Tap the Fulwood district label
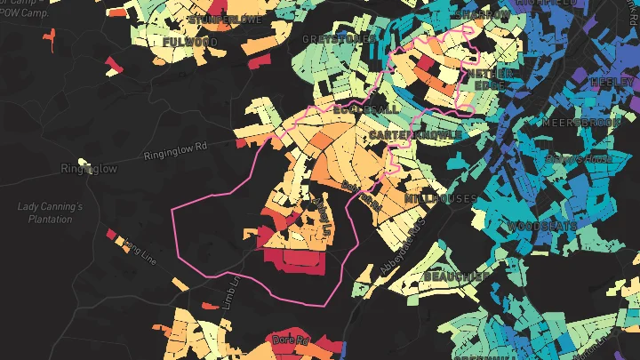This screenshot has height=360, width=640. [189, 41]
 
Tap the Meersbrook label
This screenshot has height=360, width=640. [578, 122]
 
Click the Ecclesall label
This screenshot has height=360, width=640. [366, 108]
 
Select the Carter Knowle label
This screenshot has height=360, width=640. [415, 134]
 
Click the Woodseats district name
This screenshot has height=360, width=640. [542, 227]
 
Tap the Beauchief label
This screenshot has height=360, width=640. [452, 276]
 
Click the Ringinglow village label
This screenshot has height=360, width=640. [89, 168]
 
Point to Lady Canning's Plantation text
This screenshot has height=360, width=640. [50, 212]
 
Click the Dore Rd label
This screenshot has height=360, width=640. [289, 340]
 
